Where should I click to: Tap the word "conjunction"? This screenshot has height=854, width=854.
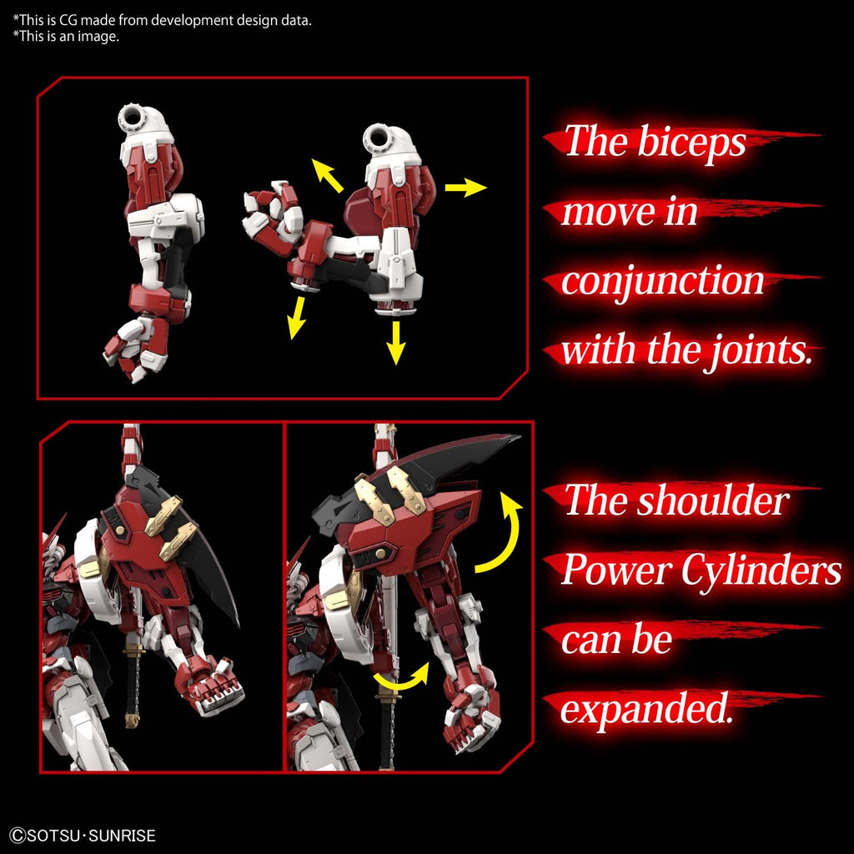click(x=663, y=281)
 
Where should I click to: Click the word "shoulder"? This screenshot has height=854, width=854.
click(x=712, y=501)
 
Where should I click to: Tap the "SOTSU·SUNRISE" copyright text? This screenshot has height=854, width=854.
click(x=83, y=835)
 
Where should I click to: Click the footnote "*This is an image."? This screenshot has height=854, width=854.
click(x=66, y=36)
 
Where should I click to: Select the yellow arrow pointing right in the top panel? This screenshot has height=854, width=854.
click(x=465, y=188)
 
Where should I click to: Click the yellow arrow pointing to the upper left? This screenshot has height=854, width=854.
click(x=328, y=175)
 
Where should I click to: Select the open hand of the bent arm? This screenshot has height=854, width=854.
click(x=270, y=213)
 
